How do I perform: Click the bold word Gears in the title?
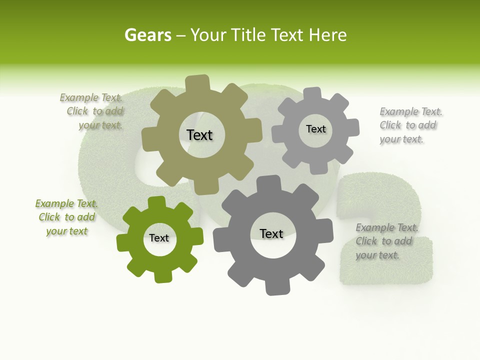pos(147,35)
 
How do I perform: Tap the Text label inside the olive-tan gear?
pos(199,135)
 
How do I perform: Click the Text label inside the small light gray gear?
pos(315,129)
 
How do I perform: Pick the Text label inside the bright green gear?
pos(159,238)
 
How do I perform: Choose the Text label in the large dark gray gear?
pos(271,233)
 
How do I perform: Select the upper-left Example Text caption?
pos(93,111)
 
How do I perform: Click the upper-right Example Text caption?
pos(410,125)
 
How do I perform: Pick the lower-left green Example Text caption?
pos(66,217)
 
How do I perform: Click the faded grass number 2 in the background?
pos(385,230)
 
